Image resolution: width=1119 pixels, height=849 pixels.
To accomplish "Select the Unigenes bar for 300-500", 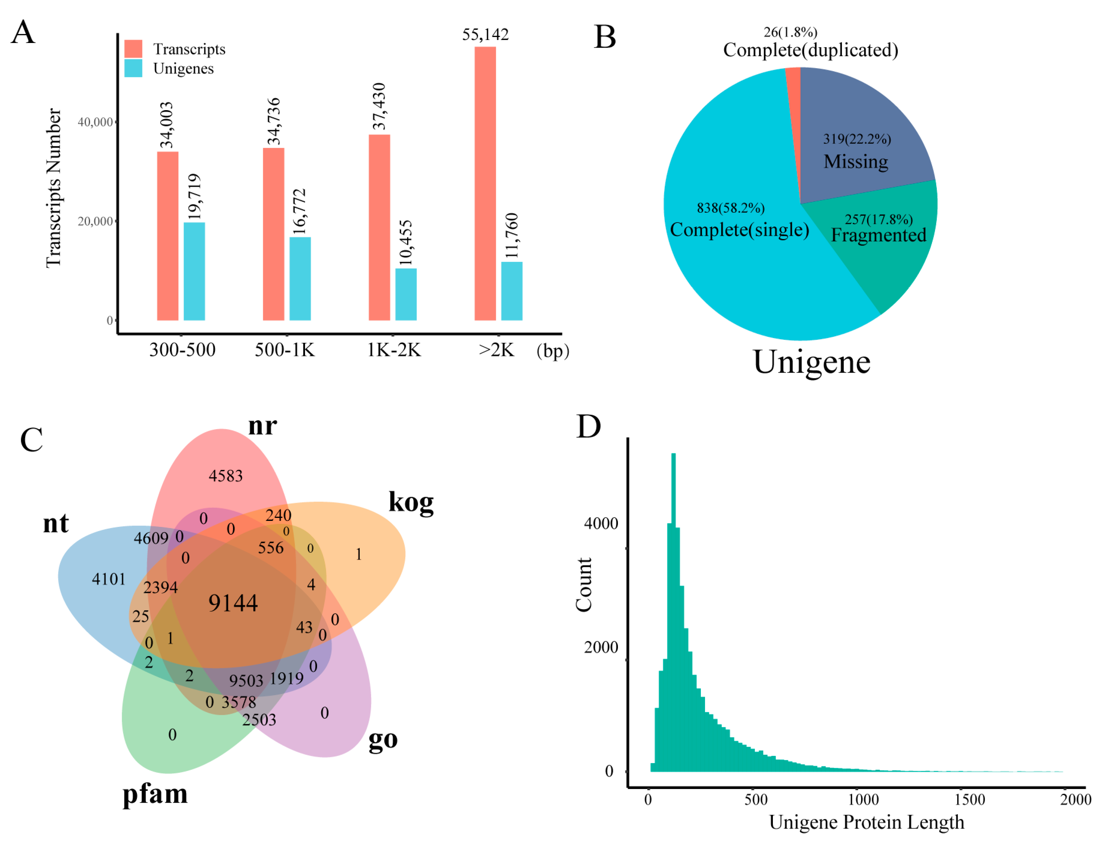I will pos(194,271).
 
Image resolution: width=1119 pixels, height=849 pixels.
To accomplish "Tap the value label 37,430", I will pos(379,106).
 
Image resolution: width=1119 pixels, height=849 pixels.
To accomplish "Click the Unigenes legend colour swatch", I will pos(133,68).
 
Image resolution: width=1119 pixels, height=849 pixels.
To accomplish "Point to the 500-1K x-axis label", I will pos(284,350).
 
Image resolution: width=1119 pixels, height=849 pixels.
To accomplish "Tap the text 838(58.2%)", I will pos(731,208).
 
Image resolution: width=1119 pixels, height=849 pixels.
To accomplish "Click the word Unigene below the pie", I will pos(811,362).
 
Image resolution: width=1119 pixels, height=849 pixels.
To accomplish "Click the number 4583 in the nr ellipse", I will pos(225,476).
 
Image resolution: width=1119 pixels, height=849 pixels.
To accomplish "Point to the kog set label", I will pos(411,503).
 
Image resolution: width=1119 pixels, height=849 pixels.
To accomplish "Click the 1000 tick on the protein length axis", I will pos(863,800).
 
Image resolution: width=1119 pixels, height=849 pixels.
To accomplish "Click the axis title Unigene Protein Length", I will pos(866,822).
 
